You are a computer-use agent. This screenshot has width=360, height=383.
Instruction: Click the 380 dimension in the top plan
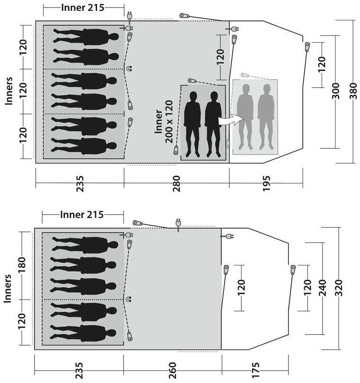point(353,91)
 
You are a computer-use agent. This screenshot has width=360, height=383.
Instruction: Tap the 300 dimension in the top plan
point(336,91)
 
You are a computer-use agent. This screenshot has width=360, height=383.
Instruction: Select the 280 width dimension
point(177,184)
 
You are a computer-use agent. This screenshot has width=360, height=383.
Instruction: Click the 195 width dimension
point(266,184)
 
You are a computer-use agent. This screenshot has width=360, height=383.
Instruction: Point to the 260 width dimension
point(172,370)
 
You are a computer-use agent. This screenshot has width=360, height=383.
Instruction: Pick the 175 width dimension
point(255,370)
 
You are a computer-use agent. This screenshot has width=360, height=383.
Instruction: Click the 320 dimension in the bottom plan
point(339,288)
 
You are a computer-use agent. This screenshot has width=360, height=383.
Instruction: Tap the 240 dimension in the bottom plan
point(323,288)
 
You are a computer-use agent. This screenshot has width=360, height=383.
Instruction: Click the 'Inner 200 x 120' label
point(164,122)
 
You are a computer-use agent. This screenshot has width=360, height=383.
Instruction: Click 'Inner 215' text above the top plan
point(83,8)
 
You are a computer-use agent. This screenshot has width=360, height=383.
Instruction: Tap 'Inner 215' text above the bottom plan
point(82,215)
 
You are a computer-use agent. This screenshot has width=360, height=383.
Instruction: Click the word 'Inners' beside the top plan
point(9,91)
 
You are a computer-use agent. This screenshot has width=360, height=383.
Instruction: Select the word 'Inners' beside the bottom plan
point(7,289)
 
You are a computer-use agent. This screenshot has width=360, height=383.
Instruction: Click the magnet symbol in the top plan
point(129,68)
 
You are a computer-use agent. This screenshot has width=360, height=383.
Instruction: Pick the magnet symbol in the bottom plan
point(128,299)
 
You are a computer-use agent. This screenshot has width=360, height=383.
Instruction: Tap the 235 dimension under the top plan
point(80,184)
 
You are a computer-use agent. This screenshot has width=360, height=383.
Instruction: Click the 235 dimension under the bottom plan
point(79,370)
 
